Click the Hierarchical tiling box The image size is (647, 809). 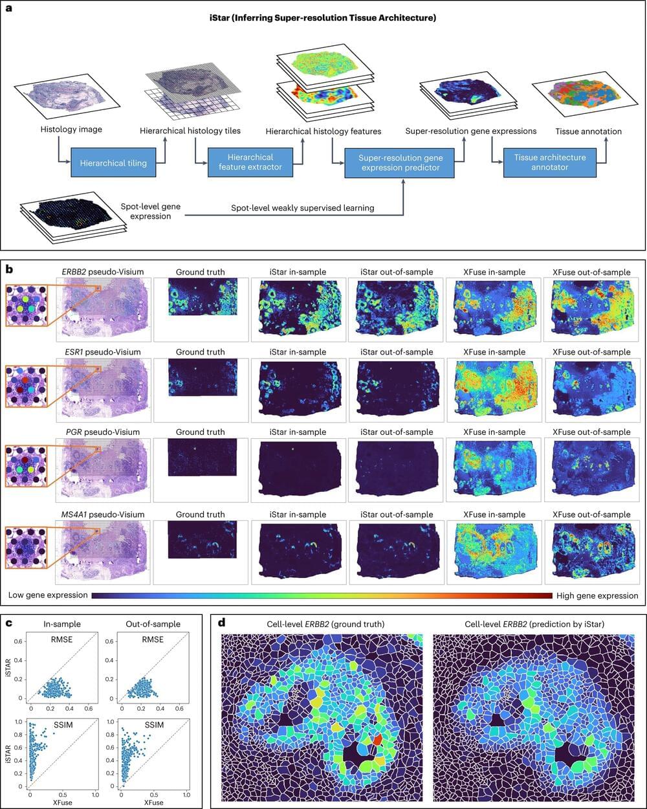coord(113,163)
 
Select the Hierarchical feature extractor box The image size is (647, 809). coord(250,162)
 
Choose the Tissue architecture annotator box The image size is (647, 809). coord(550,162)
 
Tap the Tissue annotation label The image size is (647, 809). coord(588,131)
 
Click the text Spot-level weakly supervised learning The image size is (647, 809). coord(303,208)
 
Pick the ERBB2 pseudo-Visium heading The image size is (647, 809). coord(102,272)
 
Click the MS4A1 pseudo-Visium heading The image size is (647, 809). coord(102,515)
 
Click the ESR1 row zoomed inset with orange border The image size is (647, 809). coord(26,390)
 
